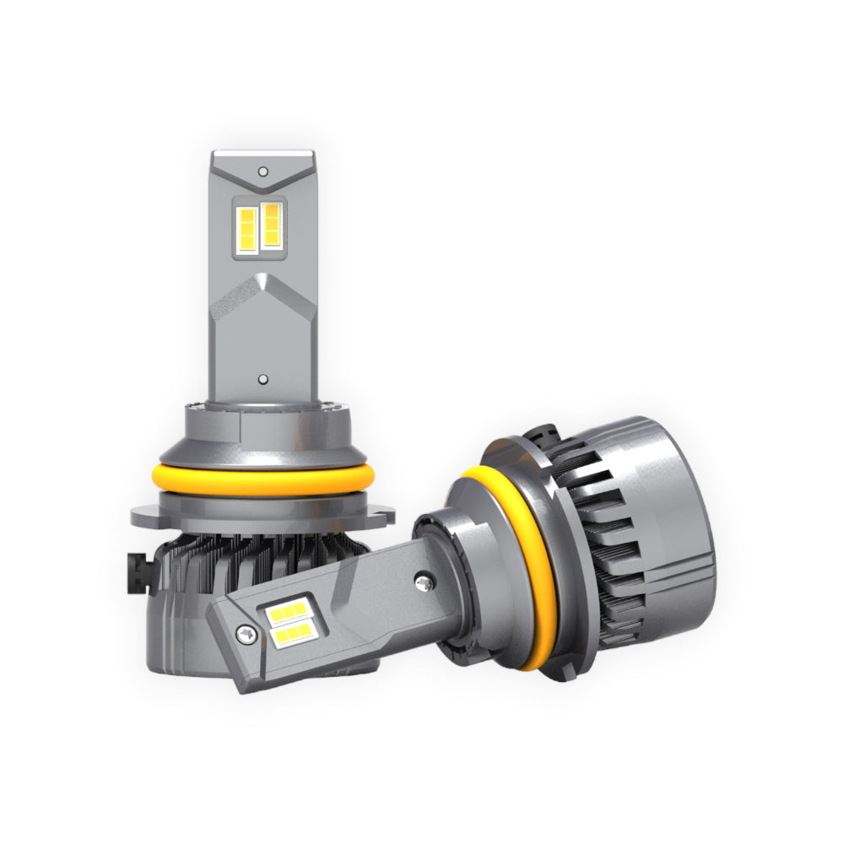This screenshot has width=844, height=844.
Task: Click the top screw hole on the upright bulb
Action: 263,170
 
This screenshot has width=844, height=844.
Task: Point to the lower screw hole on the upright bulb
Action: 263,381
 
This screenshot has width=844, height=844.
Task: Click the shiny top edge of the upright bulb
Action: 263,155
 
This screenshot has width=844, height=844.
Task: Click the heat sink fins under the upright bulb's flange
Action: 253,561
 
